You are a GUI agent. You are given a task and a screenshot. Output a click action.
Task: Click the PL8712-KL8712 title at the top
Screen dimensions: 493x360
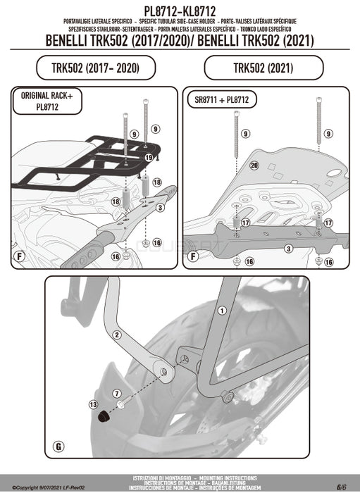coord(180,7)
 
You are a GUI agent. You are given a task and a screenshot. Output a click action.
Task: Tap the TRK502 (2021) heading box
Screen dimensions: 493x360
coord(263,68)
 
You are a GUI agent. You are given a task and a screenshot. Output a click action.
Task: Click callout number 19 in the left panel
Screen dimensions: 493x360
coord(148,159)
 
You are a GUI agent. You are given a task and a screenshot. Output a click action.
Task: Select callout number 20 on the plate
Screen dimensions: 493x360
coord(254,166)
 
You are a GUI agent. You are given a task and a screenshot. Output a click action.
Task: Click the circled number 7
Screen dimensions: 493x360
coord(117,392)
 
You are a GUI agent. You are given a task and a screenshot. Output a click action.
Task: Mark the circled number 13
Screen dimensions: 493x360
coord(94,404)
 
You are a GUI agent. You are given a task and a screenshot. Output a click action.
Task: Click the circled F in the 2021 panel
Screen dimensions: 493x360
coord(193,256)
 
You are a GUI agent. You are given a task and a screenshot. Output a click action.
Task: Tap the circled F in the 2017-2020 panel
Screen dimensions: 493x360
coord(22,256)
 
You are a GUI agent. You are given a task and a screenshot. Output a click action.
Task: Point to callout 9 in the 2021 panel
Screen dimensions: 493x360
coord(246,133)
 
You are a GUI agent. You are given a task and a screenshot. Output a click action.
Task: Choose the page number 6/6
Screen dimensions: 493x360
coord(340,486)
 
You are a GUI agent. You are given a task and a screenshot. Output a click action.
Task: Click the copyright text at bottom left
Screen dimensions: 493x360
coord(42,487)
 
